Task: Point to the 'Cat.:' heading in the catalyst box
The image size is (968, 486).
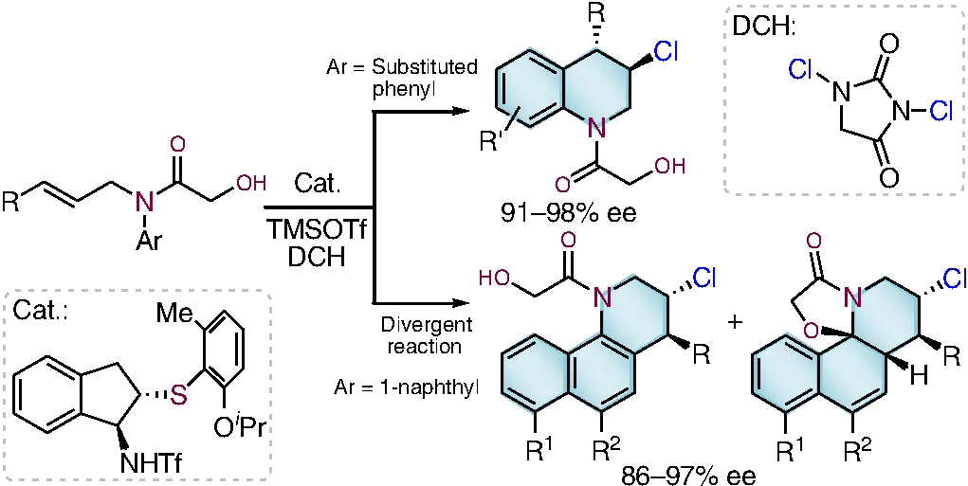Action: pyautogui.click(x=43, y=309)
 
